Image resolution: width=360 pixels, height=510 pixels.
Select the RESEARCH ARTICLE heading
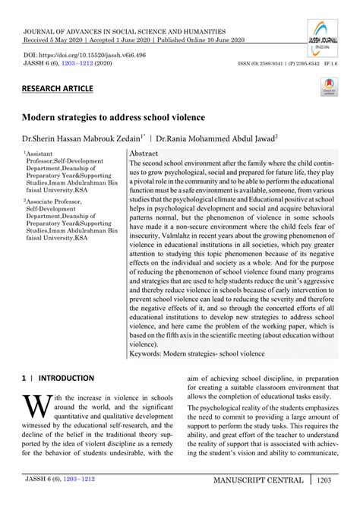click(x=58, y=89)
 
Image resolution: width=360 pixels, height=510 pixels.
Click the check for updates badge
click(x=329, y=90)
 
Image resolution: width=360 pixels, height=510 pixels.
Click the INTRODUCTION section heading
click(x=63, y=378)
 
